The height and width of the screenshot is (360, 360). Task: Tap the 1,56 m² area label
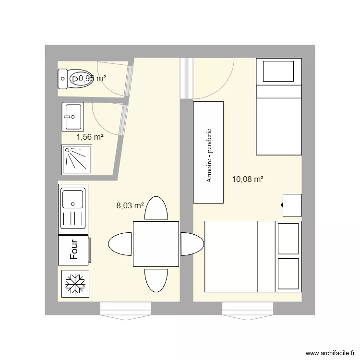point(90,137)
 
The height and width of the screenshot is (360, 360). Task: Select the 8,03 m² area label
point(130,205)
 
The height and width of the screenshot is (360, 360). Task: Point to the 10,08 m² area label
point(248,179)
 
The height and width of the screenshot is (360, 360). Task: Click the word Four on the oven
point(74,250)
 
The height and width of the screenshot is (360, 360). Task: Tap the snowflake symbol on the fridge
point(75,284)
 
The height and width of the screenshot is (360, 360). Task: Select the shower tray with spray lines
point(77,160)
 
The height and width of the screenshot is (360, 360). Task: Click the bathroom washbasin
point(73,117)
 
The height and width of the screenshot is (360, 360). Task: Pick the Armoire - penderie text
point(209,156)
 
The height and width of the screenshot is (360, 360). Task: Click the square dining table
point(156,244)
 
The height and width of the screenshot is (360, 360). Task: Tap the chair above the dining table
point(156,208)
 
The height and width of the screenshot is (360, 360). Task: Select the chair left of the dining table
point(120,244)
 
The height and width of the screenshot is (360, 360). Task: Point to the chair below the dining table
point(156,281)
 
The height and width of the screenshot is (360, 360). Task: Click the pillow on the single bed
point(278,71)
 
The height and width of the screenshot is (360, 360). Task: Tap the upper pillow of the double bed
point(288,239)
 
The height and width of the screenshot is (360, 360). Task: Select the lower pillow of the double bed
point(288,274)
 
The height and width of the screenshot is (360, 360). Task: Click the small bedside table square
point(292,205)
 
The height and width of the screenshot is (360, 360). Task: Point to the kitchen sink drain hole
point(73,204)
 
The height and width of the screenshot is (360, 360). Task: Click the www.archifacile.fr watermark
point(330,353)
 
